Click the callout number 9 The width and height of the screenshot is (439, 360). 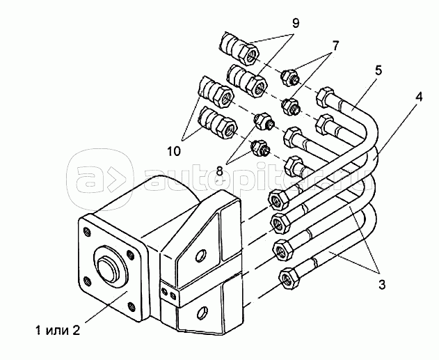296,23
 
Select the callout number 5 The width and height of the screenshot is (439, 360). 378,70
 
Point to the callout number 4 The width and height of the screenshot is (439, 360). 418,97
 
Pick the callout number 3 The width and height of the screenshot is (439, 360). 382,285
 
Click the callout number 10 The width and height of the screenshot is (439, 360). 174,152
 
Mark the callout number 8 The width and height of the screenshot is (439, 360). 220,170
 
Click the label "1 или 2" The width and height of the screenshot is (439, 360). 58,331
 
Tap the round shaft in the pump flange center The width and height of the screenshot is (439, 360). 106,266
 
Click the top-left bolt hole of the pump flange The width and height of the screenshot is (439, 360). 86,232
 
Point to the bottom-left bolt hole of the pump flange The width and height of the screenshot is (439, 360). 88,281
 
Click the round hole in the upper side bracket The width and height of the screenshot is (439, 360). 201,256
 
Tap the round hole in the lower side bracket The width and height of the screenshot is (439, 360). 202,313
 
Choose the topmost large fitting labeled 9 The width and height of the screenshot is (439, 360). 239,47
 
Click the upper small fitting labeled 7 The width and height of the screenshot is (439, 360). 289,77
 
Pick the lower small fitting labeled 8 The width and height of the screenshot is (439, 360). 260,148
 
